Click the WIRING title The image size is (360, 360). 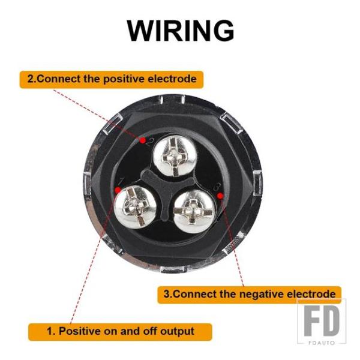181,31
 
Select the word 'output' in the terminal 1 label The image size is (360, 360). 177,331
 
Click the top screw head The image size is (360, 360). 175,155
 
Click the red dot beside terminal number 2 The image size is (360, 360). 143,140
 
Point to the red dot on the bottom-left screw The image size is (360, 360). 118,190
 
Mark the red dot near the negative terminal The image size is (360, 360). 220,196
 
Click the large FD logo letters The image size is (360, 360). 322,321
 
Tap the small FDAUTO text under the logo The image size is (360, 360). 322,343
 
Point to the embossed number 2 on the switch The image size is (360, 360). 149,143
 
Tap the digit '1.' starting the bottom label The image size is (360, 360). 51,331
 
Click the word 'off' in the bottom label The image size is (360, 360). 149,331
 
